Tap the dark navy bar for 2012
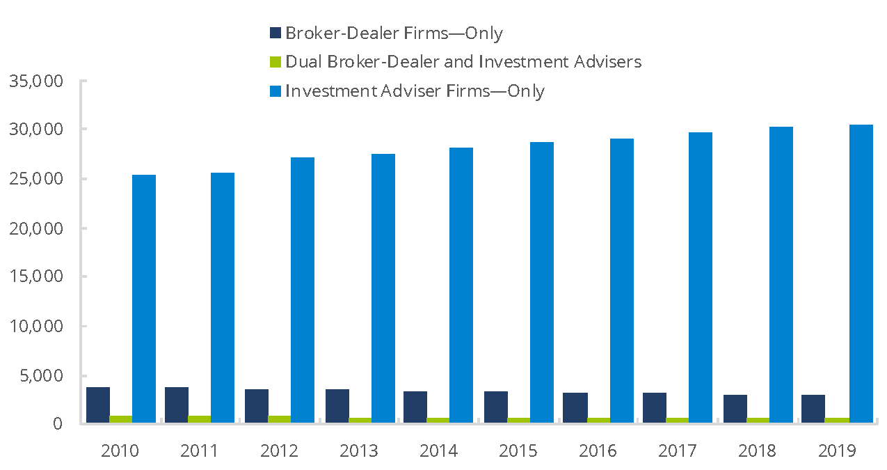click(x=257, y=406)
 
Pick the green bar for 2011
click(x=200, y=419)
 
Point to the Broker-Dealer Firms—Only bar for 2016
click(x=575, y=407)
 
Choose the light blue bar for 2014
click(x=461, y=285)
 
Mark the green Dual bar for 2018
click(x=758, y=420)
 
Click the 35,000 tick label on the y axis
click(x=38, y=81)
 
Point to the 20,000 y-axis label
click(x=38, y=228)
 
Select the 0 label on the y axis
click(x=59, y=424)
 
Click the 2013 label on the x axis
click(x=359, y=451)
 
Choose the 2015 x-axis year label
click(x=518, y=451)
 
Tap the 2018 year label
click(x=758, y=451)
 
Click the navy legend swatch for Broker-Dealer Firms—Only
click(x=275, y=33)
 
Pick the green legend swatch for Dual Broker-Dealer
click(x=275, y=62)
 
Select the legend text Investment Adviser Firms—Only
click(x=415, y=91)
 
